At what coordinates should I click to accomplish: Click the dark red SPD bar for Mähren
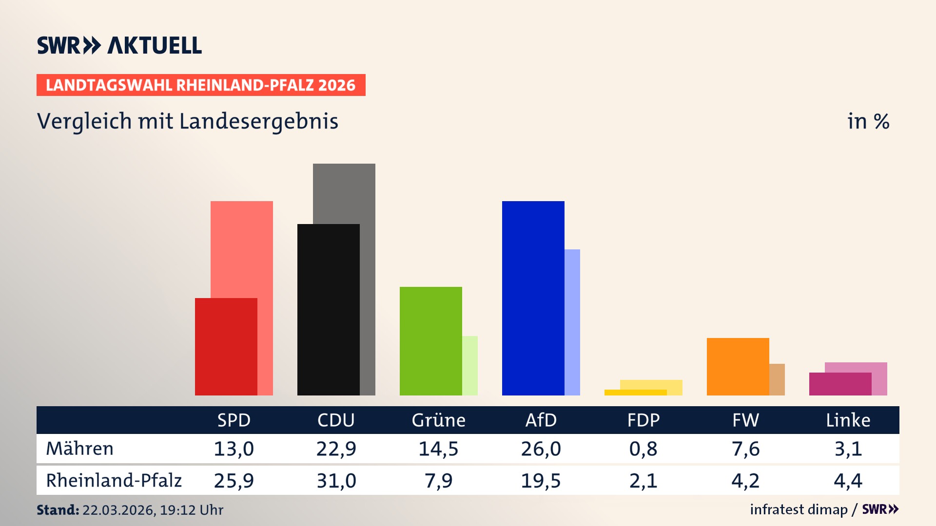(226, 346)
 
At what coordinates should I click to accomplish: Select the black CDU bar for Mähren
(328, 309)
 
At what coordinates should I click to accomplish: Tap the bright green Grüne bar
(430, 341)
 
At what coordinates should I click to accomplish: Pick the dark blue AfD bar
(533, 298)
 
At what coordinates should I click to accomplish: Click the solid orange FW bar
(738, 366)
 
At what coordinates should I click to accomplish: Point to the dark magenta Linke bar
(840, 384)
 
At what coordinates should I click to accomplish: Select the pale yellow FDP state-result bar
(651, 384)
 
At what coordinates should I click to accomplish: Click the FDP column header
(643, 420)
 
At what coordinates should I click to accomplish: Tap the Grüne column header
(438, 420)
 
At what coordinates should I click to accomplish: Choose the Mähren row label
(79, 449)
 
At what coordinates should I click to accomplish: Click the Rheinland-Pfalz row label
(114, 480)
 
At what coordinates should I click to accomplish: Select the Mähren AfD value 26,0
(541, 449)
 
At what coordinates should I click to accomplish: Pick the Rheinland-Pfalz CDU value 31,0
(336, 481)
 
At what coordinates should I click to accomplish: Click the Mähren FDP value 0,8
(643, 449)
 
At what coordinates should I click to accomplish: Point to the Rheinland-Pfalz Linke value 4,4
(848, 481)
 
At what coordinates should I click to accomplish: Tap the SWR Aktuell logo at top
(119, 45)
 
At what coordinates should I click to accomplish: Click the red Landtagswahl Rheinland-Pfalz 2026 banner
(200, 85)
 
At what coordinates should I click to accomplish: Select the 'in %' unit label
(868, 121)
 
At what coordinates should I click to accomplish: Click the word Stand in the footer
(58, 510)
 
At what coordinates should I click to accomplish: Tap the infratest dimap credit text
(799, 509)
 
